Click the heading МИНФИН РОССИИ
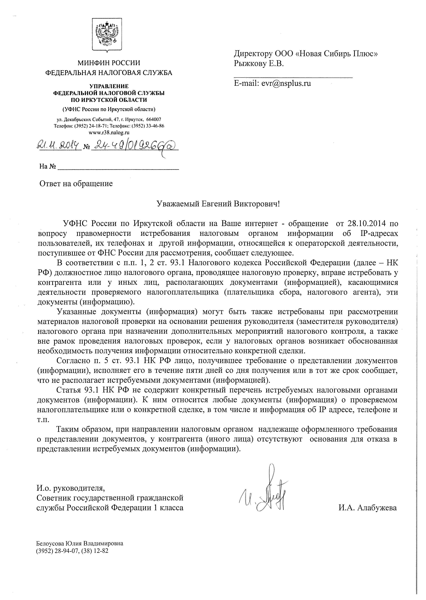pyautogui.click(x=109, y=63)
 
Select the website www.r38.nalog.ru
pyautogui.click(x=109, y=132)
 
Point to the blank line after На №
pyautogui.click(x=118, y=167)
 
